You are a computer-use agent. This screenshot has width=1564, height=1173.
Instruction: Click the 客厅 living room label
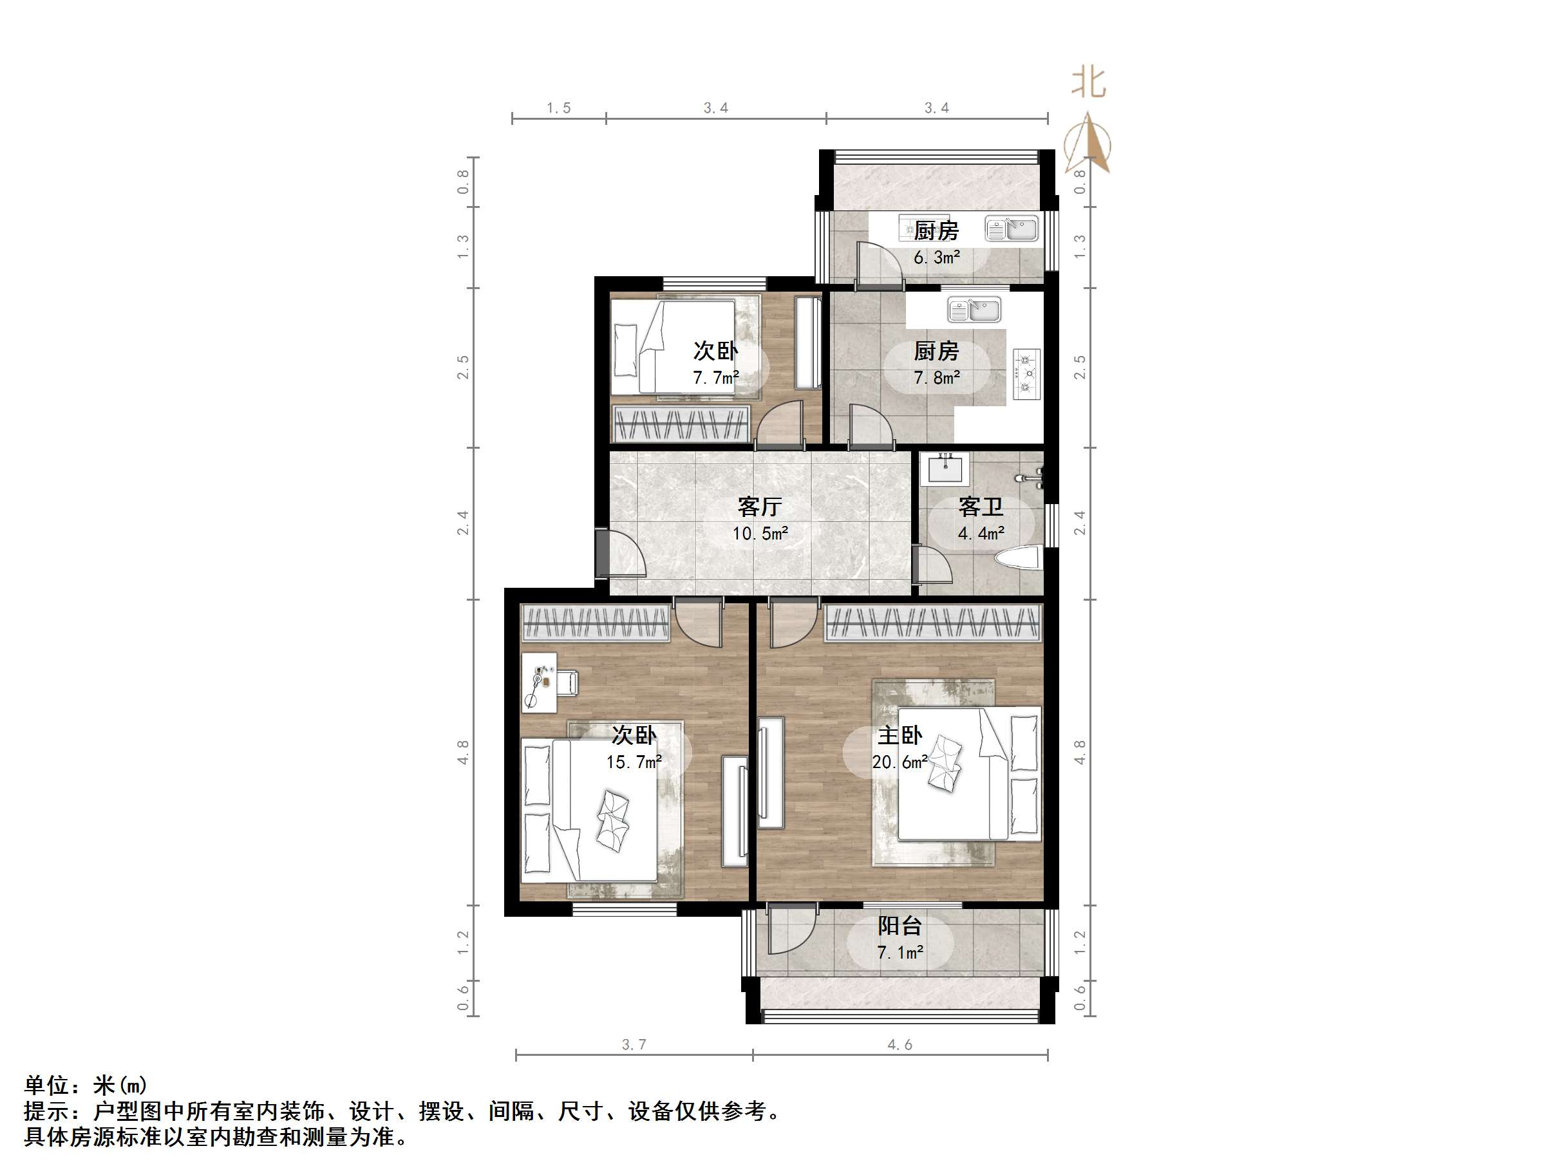tap(759, 506)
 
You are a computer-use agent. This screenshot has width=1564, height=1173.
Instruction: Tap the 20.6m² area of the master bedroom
tap(900, 762)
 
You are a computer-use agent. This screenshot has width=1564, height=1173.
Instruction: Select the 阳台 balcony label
tap(900, 926)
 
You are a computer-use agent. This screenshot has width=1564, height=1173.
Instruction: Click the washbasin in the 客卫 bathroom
tap(945, 469)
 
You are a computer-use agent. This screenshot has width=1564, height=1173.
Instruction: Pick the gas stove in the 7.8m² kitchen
tap(1026, 373)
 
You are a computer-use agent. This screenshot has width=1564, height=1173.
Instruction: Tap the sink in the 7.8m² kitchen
tap(974, 310)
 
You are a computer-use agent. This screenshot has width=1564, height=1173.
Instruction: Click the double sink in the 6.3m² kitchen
tap(1012, 229)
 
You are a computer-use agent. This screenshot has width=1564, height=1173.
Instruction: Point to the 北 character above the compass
tap(1089, 82)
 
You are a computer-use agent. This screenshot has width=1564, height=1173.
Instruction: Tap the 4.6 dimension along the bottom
tap(900, 1044)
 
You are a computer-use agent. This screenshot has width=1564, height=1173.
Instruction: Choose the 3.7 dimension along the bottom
tap(634, 1044)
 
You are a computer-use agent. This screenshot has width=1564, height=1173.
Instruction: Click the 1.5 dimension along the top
tap(559, 108)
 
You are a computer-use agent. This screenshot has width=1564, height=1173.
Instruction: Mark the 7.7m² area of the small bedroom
tap(715, 377)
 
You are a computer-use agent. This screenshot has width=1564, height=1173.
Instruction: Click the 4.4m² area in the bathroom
tap(981, 533)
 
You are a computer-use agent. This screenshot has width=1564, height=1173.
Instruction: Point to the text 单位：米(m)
tap(86, 1085)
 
